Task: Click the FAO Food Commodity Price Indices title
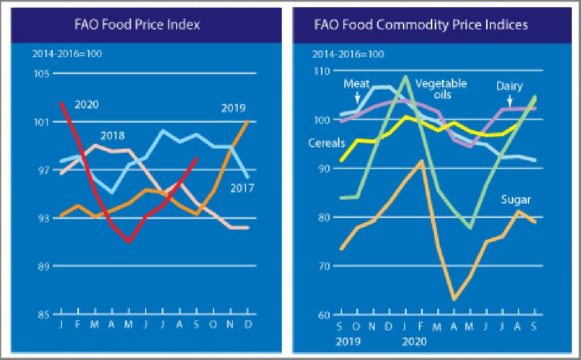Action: point(421,25)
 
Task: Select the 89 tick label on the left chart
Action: point(43,266)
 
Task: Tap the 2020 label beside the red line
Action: point(87,105)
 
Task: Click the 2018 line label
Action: point(112,136)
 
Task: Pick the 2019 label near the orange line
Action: point(233,108)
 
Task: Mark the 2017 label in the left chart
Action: point(242,188)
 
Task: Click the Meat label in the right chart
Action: point(356,84)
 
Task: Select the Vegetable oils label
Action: point(441,89)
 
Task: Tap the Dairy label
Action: point(509,86)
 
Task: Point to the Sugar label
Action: point(516,200)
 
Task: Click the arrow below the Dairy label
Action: point(510,100)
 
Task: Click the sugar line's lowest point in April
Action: point(454,300)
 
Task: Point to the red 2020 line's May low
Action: point(129,241)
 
